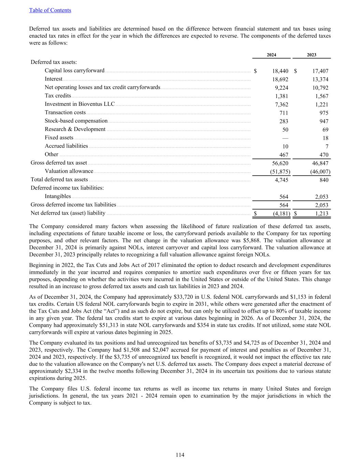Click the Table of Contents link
click(x=50, y=10)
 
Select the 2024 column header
click(x=271, y=55)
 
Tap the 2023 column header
click(x=311, y=55)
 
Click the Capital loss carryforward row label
click(x=74, y=71)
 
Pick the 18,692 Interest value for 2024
click(x=280, y=80)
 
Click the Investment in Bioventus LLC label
click(x=80, y=104)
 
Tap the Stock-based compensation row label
click(x=76, y=121)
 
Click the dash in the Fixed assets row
click(x=285, y=138)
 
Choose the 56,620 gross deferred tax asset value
click(x=280, y=163)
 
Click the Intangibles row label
click(x=58, y=196)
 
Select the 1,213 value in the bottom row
click(x=321, y=214)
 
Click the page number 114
click(x=180, y=455)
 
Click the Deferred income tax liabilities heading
click(x=67, y=188)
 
